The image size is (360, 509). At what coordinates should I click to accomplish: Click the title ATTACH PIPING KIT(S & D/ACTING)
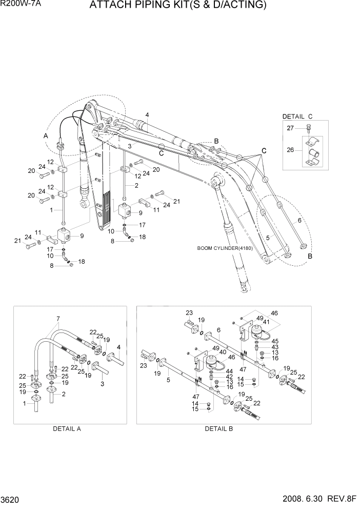point(178,6)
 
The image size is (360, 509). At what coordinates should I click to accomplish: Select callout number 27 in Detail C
point(290,128)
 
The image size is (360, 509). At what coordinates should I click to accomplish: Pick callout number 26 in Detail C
point(290,150)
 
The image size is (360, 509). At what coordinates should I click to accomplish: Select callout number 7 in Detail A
point(58,319)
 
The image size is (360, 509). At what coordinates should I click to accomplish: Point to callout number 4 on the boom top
point(147,114)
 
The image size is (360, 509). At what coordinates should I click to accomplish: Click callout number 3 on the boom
point(130,147)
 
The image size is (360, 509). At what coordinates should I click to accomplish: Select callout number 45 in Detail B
point(275,341)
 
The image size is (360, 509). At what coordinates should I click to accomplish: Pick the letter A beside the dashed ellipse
point(46,136)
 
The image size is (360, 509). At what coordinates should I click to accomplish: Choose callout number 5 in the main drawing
point(268,238)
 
